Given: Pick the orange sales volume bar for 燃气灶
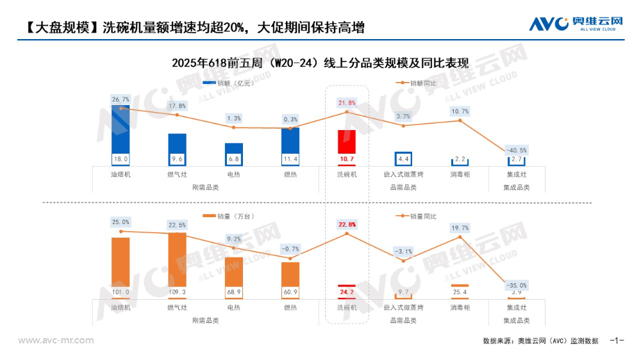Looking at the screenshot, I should coord(177,263).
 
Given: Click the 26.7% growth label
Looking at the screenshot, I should coord(121,99).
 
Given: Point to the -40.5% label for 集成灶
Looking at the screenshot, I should coord(516,150).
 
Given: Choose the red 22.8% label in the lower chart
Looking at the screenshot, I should coord(347,224).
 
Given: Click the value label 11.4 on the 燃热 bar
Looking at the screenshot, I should coord(290,159).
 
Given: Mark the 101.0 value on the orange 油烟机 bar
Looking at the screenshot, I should coord(121,292).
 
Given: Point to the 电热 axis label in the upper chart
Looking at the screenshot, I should coord(233,174).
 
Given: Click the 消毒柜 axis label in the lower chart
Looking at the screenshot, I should coord(460,307).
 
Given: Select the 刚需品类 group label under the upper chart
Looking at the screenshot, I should coord(205,187).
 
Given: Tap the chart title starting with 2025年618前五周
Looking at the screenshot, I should coord(320,63).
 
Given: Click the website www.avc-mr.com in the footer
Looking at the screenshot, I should coord(56,340).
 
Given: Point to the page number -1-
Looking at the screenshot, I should coord(617,340).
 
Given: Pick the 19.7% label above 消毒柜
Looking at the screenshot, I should coord(460,227).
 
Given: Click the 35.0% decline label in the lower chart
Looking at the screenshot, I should coord(516,285).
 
